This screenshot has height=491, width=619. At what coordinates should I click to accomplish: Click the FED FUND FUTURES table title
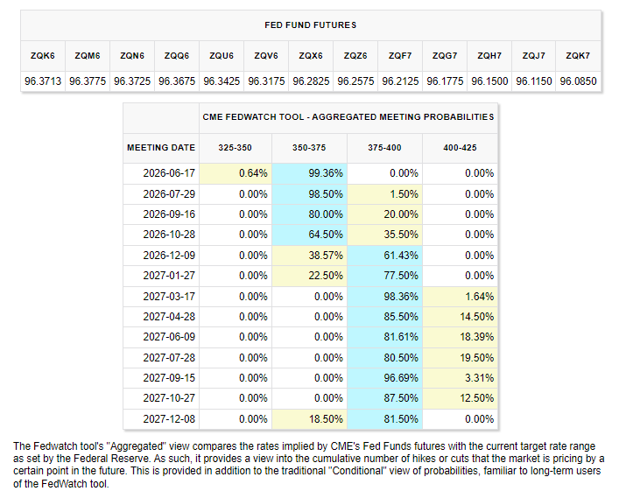click(310, 25)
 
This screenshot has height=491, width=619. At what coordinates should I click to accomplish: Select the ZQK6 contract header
click(43, 56)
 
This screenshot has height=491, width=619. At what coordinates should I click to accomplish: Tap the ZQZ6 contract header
click(355, 56)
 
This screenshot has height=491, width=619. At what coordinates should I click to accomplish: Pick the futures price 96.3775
click(88, 81)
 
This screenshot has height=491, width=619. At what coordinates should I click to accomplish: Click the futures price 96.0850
click(579, 81)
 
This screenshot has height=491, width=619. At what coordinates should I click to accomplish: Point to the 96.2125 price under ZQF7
click(400, 81)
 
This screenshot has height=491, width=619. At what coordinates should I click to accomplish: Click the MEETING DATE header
click(161, 148)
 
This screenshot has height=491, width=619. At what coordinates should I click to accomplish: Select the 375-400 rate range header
click(384, 148)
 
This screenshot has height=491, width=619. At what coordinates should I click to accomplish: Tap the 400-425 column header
click(460, 148)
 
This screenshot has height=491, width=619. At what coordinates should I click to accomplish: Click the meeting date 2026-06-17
click(169, 173)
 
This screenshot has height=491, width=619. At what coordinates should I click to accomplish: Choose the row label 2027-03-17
click(169, 297)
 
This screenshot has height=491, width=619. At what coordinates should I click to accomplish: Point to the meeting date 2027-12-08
click(169, 418)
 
